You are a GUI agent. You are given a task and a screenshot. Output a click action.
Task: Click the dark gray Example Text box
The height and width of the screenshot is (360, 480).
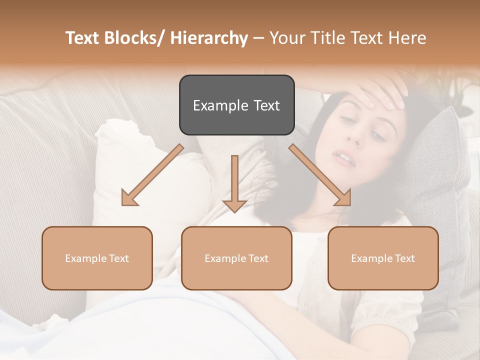236,105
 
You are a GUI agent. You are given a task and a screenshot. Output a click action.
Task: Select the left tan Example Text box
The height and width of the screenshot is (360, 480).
97,258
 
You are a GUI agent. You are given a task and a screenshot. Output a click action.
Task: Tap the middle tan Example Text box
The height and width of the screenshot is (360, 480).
236,258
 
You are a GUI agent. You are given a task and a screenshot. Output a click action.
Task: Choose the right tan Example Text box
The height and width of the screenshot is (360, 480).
383,258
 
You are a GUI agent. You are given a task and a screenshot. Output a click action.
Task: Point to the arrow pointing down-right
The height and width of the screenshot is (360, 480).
320,175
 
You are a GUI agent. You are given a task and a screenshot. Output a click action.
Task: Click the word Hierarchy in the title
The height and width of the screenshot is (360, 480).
209,38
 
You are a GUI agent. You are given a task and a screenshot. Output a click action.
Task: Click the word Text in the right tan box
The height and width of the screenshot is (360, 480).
405,258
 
